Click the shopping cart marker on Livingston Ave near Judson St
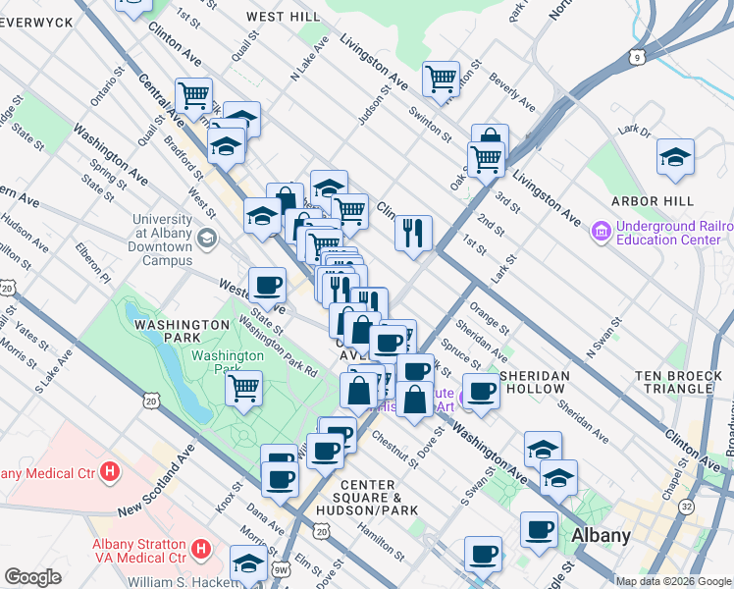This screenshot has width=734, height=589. point(441,77)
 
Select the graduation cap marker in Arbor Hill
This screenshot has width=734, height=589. point(674,157)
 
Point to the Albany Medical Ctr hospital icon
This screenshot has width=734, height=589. point(111,472)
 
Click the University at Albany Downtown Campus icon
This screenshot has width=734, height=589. point(207,238)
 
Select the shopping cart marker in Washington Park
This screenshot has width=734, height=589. point(243,386)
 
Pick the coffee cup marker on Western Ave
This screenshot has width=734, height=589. point(267,286)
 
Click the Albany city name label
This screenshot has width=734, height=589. point(601,535)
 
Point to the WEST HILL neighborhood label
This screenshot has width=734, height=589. point(283,17)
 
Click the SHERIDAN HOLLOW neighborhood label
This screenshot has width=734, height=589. point(543,383)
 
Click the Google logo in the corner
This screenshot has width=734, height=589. point(32,577)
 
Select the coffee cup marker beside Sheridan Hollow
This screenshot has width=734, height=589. point(481,391)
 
